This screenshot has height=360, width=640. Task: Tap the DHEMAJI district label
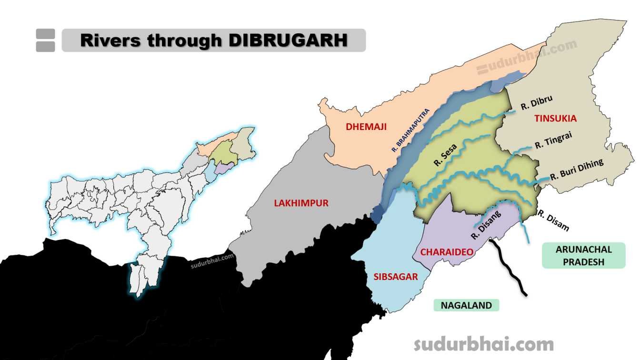click(x=366, y=127)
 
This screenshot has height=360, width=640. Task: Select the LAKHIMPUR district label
click(x=301, y=203)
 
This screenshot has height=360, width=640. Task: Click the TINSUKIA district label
click(x=555, y=118)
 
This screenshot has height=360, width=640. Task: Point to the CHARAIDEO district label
click(x=440, y=252)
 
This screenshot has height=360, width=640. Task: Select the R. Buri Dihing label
click(x=576, y=170)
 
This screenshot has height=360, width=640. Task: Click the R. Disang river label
click(x=486, y=225)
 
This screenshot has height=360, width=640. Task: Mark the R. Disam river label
click(x=553, y=220)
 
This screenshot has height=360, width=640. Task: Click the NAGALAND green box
click(x=466, y=305)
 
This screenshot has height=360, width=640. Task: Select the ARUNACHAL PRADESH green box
click(x=583, y=256)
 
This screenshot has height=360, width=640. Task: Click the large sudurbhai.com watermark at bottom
click(x=483, y=344)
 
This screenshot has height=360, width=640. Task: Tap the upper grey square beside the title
click(x=45, y=33)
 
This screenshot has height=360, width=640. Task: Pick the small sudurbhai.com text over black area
click(x=212, y=261)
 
